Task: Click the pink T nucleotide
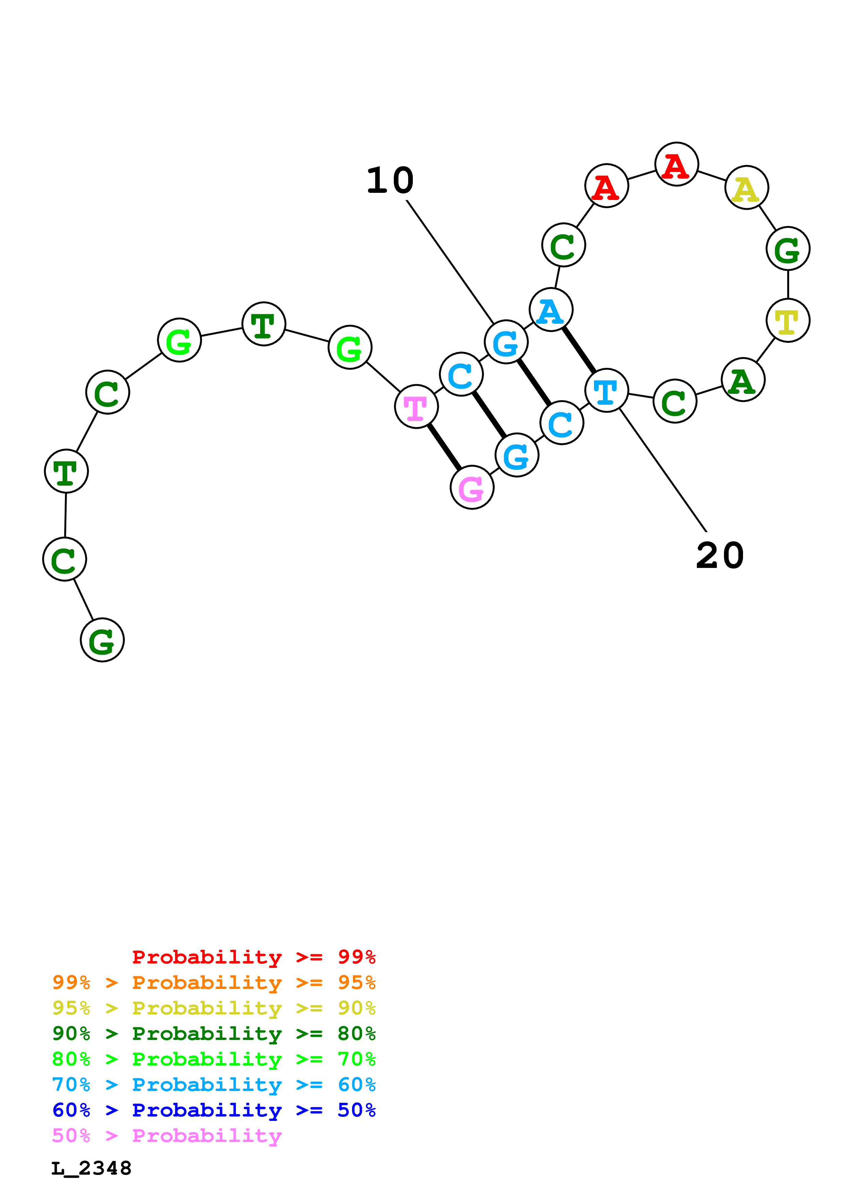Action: [416, 407]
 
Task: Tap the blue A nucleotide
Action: [551, 310]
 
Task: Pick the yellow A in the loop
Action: [746, 188]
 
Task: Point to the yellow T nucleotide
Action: [788, 321]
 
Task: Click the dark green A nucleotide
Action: [743, 380]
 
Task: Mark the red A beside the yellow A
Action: [676, 164]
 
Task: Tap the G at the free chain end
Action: [102, 640]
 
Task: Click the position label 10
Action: [390, 181]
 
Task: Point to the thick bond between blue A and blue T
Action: [579, 350]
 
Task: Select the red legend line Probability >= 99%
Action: [253, 957]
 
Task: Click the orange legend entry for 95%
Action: [214, 982]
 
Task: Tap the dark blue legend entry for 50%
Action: [214, 1110]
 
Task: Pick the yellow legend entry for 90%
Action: [214, 1008]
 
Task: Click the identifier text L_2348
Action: [91, 1168]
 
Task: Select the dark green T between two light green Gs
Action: [264, 324]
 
